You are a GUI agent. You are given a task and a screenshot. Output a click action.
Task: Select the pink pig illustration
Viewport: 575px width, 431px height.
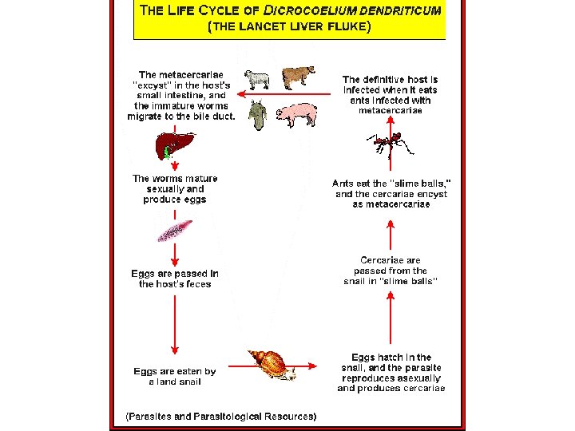point(296,114)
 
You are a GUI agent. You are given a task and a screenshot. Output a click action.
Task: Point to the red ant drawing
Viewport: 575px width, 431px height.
point(389,144)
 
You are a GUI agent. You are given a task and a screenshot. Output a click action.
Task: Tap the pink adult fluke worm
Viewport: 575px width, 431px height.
point(174,229)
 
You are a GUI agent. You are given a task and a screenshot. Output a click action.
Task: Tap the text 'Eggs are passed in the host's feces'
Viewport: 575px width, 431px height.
point(175,279)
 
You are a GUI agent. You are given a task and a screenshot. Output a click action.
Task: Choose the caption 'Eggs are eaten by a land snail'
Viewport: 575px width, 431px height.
point(175,376)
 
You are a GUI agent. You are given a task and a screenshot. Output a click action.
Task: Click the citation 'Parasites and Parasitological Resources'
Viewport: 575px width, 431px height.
point(221,416)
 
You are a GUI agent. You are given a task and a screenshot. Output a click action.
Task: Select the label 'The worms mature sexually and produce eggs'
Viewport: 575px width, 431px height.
point(175,189)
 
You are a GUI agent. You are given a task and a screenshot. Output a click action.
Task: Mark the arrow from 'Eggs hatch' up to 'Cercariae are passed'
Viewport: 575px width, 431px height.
point(390,315)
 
